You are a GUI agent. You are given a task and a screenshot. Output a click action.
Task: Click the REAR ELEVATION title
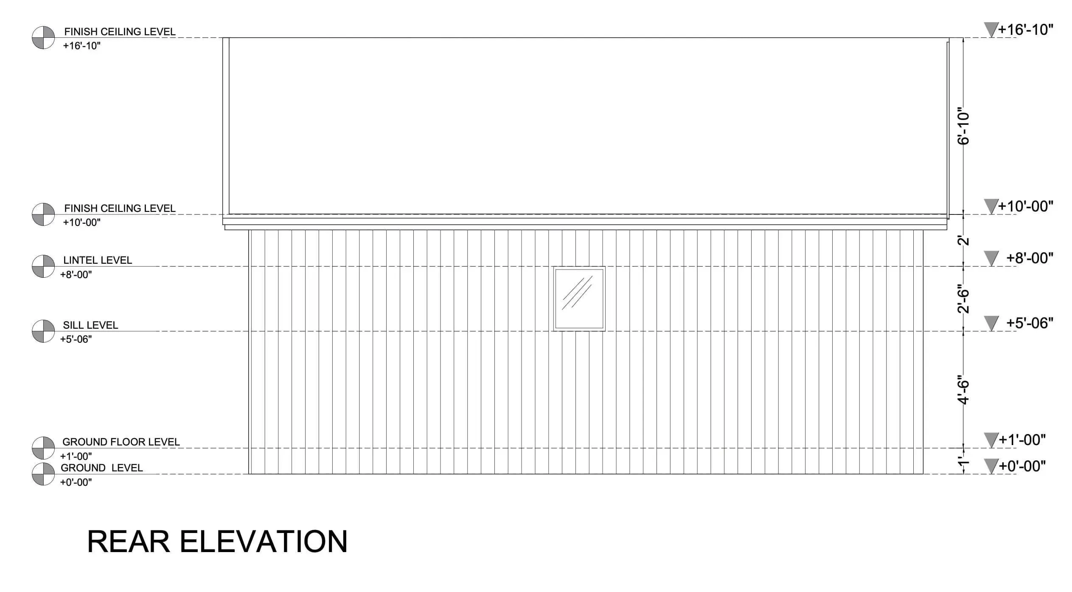(x=217, y=541)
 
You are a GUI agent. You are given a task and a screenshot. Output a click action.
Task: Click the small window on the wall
(x=579, y=299)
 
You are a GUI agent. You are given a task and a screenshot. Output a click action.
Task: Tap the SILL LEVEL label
(x=90, y=325)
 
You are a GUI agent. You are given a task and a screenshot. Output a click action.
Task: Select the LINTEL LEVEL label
(x=98, y=260)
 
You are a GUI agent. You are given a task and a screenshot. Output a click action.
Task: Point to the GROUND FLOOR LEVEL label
(x=121, y=442)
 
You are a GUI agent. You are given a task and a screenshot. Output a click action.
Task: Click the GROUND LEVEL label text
(x=101, y=468)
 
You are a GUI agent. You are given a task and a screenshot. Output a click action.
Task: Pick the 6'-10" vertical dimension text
(x=964, y=128)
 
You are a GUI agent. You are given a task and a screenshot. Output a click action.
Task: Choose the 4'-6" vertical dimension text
(x=964, y=390)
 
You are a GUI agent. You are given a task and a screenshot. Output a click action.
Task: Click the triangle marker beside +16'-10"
(x=991, y=30)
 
